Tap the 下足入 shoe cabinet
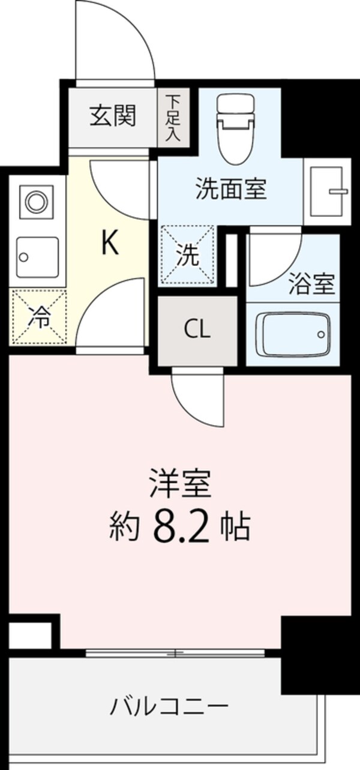(x=173, y=116)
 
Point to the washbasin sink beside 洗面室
(x=327, y=191)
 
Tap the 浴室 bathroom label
(x=311, y=284)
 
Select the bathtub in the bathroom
(x=293, y=335)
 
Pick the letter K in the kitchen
(x=109, y=243)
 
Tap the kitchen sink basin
(x=37, y=257)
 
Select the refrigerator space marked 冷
(x=38, y=317)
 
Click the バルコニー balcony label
(x=169, y=706)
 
